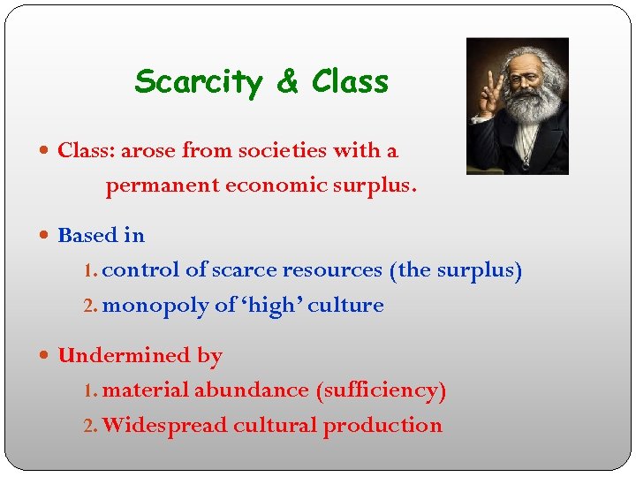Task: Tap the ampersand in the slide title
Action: pos(287,82)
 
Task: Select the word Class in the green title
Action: pos(350,82)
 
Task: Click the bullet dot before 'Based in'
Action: pos(46,236)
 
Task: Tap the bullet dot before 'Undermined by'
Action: pos(46,356)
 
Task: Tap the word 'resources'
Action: pos(338,270)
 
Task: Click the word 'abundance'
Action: pos(263,390)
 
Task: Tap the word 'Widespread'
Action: pos(164,426)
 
